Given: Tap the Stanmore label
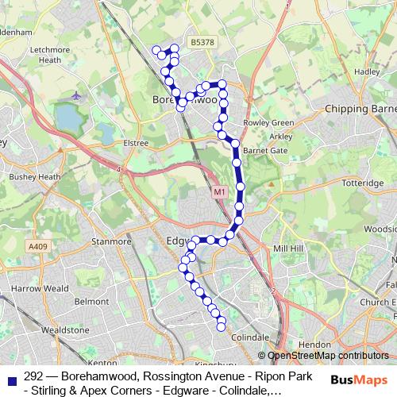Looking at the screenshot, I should pyautogui.click(x=111, y=241).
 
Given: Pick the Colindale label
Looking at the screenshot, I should pyautogui.click(x=245, y=337).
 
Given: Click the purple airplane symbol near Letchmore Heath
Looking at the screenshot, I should pyautogui.click(x=76, y=96).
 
